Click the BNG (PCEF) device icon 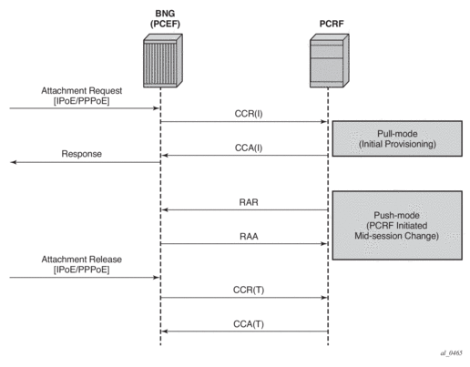pyautogui.click(x=163, y=61)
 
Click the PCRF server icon pyautogui.click(x=330, y=61)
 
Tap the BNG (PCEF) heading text pyautogui.click(x=165, y=18)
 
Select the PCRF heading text pyautogui.click(x=332, y=24)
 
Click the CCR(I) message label pyautogui.click(x=249, y=114)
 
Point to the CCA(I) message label pyautogui.click(x=249, y=148)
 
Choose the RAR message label pyautogui.click(x=249, y=202)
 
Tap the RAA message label pyautogui.click(x=249, y=236)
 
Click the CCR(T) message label pyautogui.click(x=249, y=290)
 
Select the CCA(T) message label pyautogui.click(x=249, y=324)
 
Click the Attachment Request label pyautogui.click(x=82, y=96)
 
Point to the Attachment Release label pyautogui.click(x=82, y=264)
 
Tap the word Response pyautogui.click(x=82, y=154)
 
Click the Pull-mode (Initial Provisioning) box pyautogui.click(x=397, y=138)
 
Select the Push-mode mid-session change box pyautogui.click(x=397, y=226)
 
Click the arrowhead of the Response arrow pyautogui.click(x=13, y=162)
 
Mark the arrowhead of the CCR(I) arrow pyautogui.click(x=324, y=122)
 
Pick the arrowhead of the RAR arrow pyautogui.click(x=165, y=209)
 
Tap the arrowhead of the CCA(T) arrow pyautogui.click(x=165, y=331)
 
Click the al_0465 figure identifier pyautogui.click(x=451, y=352)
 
